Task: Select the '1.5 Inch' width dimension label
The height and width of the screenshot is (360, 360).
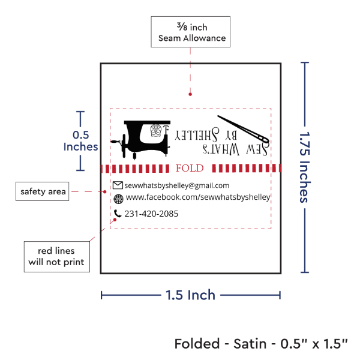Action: click(191, 295)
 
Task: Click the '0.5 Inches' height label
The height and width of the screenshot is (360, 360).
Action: click(80, 140)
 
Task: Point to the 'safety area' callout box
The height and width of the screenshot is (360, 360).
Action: click(42, 192)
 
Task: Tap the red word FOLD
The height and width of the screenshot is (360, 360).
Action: click(189, 168)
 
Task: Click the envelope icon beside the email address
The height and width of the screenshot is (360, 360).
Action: click(118, 185)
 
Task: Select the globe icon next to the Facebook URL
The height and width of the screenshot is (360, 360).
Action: click(118, 199)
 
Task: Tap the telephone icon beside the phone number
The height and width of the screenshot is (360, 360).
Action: click(118, 213)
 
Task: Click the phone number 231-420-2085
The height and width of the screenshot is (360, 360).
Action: click(152, 214)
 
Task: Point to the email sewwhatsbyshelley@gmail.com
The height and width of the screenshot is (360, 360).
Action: click(177, 185)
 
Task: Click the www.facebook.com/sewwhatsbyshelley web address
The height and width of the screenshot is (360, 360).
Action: click(198, 197)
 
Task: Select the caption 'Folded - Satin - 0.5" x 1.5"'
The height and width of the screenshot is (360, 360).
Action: click(262, 344)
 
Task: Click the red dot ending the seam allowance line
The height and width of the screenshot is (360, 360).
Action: click(190, 94)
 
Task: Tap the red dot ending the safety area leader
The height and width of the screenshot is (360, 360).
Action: click(105, 192)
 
